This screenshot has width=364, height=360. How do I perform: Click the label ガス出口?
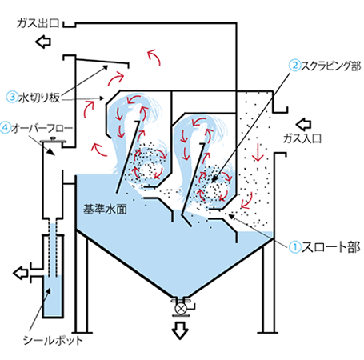click(x=38, y=23)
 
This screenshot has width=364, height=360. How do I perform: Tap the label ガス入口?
click(x=302, y=138)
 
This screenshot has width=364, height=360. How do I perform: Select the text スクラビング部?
click(x=331, y=66)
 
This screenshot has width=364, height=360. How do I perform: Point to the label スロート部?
click(x=330, y=247)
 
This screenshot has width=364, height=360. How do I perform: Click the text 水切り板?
click(x=39, y=98)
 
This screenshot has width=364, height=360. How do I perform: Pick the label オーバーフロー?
click(x=42, y=128)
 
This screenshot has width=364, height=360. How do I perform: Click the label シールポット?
click(x=53, y=341)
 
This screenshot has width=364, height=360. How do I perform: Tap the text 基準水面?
click(x=105, y=209)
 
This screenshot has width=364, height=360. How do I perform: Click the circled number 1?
click(x=295, y=247)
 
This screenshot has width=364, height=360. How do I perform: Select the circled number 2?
click(x=294, y=66)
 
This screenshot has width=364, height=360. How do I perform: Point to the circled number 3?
click(x=12, y=97)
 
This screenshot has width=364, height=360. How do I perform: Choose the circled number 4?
click(x=6, y=128)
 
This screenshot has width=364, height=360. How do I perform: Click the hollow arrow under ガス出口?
click(x=43, y=42)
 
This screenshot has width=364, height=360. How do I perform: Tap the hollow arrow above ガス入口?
click(x=303, y=124)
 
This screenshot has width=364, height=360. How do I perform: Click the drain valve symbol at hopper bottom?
click(x=181, y=308)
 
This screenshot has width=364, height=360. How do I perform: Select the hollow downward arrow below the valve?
click(x=180, y=330)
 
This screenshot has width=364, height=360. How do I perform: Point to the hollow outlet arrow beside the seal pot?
click(x=21, y=273)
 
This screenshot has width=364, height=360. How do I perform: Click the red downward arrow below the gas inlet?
click(x=258, y=153)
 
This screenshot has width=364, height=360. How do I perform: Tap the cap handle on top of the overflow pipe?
click(x=53, y=139)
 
